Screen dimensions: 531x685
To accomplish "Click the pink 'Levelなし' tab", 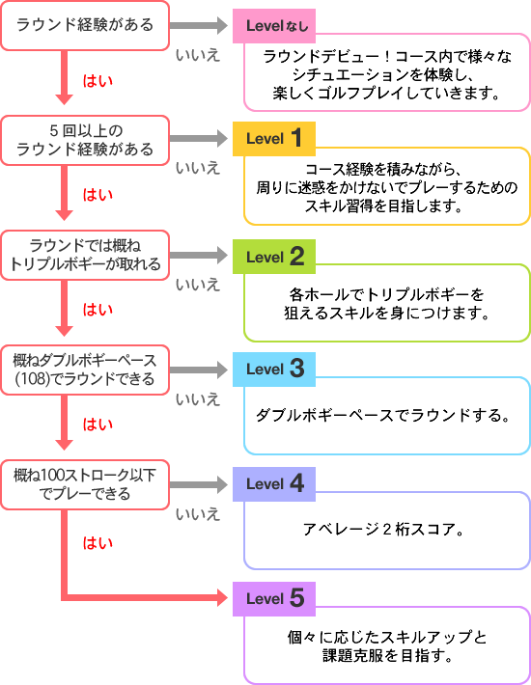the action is [x=274, y=26].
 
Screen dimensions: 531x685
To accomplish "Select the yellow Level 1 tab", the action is [x=274, y=139].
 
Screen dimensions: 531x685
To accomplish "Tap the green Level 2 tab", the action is [x=274, y=257].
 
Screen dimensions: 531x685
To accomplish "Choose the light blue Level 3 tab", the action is [x=274, y=370].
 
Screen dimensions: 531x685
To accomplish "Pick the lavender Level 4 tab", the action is [x=274, y=484].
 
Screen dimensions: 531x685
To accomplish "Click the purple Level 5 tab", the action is [x=274, y=599].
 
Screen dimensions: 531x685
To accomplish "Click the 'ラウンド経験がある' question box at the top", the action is [x=85, y=25].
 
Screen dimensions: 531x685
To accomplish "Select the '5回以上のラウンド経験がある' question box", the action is [x=85, y=140].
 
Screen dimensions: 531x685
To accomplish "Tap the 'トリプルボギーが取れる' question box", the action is [x=85, y=255].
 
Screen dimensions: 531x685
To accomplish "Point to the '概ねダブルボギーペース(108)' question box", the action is [x=85, y=370].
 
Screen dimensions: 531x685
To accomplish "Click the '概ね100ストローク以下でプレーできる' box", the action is [x=85, y=484].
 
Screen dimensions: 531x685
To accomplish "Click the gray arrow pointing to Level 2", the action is [x=199, y=255].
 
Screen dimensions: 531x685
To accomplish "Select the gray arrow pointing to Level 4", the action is [x=199, y=484].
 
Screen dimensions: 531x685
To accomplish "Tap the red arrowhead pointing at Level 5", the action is [x=222, y=597].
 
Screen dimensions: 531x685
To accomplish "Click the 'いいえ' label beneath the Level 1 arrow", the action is [x=198, y=168].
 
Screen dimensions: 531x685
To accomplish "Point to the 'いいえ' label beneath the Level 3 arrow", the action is [x=198, y=399].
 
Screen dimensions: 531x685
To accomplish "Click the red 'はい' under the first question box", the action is [x=98, y=81].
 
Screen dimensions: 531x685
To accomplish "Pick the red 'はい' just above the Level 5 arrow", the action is [x=98, y=543].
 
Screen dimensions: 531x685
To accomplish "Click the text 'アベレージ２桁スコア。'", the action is [x=383, y=530].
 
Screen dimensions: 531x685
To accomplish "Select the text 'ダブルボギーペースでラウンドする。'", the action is [x=383, y=415].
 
